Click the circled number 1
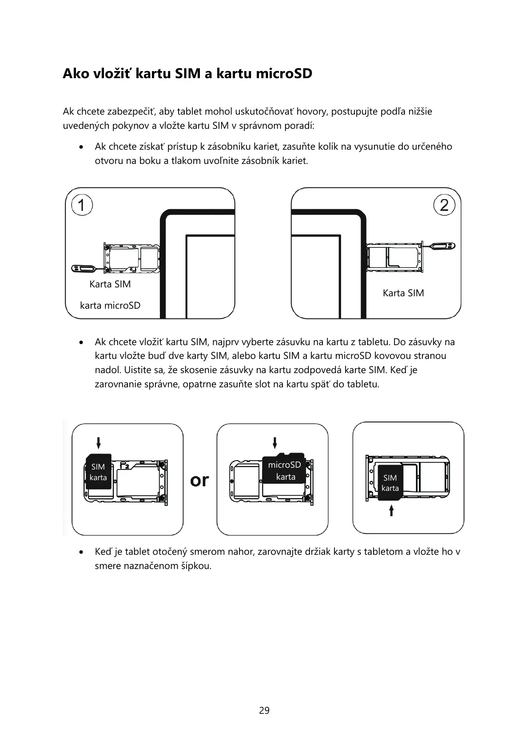[x=81, y=205]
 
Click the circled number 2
[x=444, y=205]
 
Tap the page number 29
[x=264, y=710]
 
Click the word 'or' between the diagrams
[x=199, y=480]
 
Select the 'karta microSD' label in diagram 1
[x=110, y=306]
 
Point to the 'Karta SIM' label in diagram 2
[x=403, y=293]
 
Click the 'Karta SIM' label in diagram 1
[x=110, y=284]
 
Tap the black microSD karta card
[x=284, y=470]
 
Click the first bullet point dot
[x=80, y=147]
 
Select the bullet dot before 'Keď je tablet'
[x=80, y=552]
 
